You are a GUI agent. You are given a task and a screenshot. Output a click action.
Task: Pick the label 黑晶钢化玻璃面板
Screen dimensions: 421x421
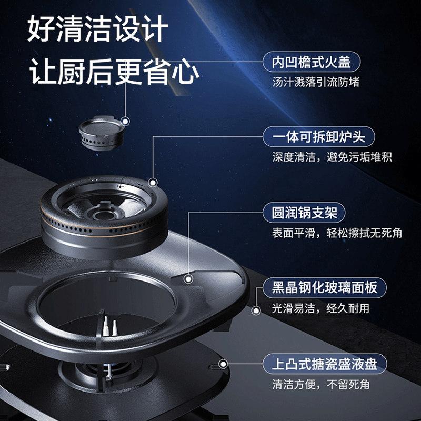(x=324, y=288)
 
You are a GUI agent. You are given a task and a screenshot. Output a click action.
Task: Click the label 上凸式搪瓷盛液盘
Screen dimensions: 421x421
(x=325, y=363)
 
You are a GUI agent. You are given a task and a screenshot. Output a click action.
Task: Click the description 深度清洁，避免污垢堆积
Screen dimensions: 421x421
(x=332, y=157)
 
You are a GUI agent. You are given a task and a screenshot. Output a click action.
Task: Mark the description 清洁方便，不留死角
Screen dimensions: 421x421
(x=320, y=384)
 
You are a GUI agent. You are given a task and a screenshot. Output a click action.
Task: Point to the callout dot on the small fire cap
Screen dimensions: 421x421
(x=125, y=122)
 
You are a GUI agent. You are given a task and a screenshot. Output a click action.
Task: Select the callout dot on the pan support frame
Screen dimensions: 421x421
(x=188, y=278)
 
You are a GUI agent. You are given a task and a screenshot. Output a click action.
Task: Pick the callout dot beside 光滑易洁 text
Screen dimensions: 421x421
(x=256, y=310)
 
